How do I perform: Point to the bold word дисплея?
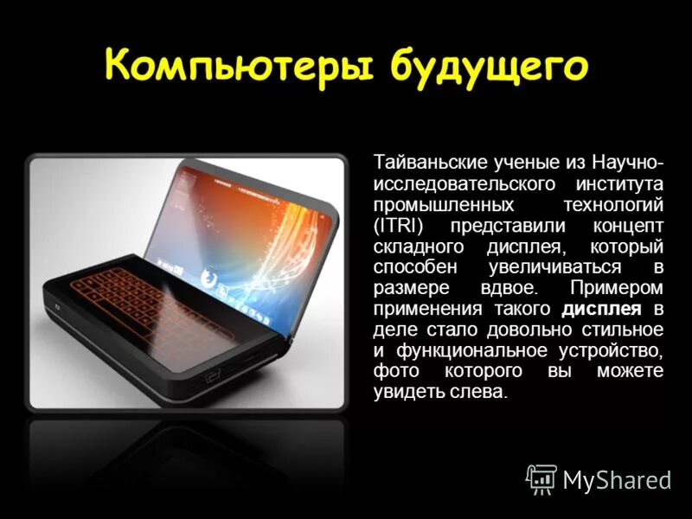pos(603,309)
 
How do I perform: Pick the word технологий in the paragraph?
pos(618,205)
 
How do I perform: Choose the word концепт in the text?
pos(629,226)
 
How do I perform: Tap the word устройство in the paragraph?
pos(616,350)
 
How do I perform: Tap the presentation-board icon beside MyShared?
pos(541,478)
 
